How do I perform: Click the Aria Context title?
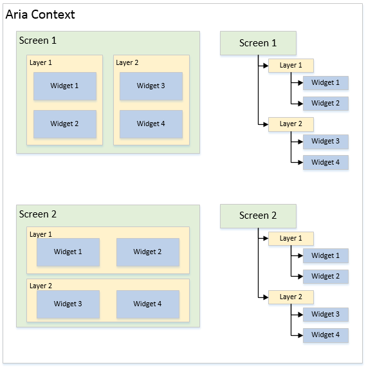(x=40, y=14)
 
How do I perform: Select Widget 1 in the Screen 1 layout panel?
(x=65, y=86)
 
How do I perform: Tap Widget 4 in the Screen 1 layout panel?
(x=151, y=124)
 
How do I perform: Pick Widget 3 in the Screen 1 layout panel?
(x=151, y=86)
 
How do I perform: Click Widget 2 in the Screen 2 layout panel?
(x=148, y=252)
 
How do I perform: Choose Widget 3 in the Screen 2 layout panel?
(x=68, y=304)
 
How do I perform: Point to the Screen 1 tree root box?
(x=258, y=43)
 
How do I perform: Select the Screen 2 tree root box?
(x=258, y=216)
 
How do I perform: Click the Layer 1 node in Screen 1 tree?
(x=291, y=66)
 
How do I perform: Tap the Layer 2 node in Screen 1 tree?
(x=291, y=124)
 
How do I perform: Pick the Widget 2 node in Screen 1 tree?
(x=325, y=104)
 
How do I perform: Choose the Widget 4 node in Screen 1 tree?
(x=325, y=162)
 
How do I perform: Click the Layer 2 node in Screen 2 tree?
(x=291, y=297)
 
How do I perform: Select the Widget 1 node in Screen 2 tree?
(x=325, y=256)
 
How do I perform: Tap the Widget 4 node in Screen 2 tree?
(x=325, y=335)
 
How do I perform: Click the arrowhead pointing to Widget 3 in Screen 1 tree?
(x=300, y=142)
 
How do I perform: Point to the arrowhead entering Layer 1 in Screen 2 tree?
(x=266, y=239)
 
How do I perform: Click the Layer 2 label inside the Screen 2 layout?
(x=41, y=286)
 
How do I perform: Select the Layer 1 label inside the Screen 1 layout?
(x=41, y=62)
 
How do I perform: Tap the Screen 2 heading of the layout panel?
(x=38, y=214)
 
